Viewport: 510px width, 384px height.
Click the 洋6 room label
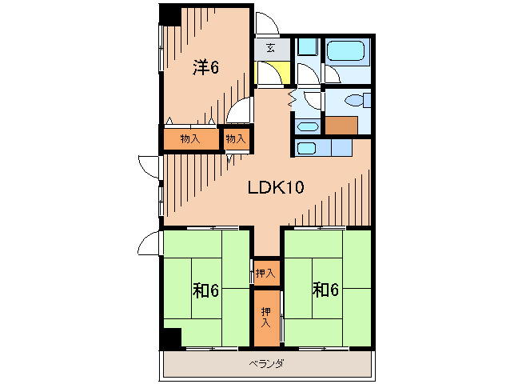tap(206, 67)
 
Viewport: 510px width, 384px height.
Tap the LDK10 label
tap(276, 187)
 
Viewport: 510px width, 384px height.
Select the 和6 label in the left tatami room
tap(205, 290)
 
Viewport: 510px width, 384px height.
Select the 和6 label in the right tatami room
tap(325, 290)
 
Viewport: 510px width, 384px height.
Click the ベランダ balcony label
tap(266, 363)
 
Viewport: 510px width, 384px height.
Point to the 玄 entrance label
tap(271, 48)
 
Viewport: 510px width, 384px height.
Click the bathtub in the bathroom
tap(345, 50)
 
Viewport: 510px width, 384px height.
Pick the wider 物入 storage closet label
tap(190, 139)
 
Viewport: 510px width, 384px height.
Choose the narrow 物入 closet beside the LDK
tap(236, 139)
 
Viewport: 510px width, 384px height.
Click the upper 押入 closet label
tap(265, 274)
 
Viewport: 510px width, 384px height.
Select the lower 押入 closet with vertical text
tap(266, 318)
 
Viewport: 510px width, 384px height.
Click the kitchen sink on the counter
tap(306, 148)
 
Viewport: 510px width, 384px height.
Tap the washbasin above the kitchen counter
tap(308, 126)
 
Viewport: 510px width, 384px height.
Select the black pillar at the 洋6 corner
tap(170, 15)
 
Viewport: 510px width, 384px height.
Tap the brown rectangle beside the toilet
tap(341, 125)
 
